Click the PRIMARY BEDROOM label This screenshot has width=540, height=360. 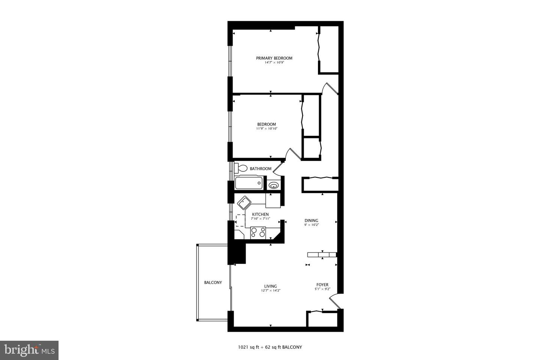(274, 58)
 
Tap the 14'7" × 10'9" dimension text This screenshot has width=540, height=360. (274, 63)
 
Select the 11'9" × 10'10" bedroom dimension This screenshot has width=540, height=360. (267, 129)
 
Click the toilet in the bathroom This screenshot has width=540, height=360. (241, 168)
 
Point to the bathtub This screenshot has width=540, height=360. (249, 183)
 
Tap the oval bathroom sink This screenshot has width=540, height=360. (274, 186)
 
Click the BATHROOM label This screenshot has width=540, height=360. (261, 169)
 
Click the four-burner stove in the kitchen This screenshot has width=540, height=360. (258, 233)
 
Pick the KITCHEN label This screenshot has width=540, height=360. (260, 214)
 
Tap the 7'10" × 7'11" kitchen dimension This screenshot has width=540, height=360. (260, 219)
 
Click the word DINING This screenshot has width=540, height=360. (312, 220)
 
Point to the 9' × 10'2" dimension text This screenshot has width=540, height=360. (312, 225)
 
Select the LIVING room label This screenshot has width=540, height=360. (270, 286)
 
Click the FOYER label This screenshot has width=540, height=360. (322, 285)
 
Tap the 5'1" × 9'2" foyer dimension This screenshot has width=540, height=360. (322, 289)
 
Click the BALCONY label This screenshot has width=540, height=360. (213, 282)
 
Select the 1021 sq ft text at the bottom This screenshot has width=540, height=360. (248, 348)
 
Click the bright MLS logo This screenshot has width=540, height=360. (29, 350)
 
